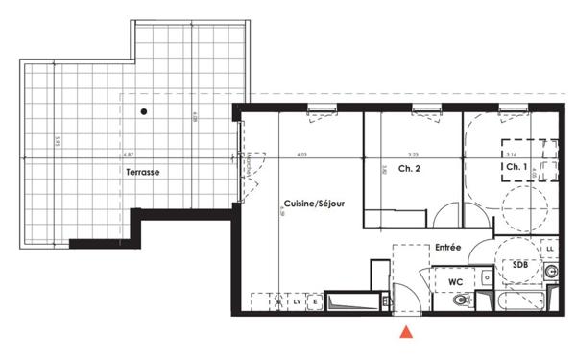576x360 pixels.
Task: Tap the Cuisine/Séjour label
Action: coord(314,204)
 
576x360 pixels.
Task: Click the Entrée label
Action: coord(447,247)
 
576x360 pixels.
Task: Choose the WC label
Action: coord(458,280)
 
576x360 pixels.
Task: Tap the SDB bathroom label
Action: coord(519,264)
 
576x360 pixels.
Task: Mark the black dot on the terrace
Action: coord(143,112)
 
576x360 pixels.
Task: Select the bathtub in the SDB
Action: coord(518,302)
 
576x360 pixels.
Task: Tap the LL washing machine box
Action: coord(550,250)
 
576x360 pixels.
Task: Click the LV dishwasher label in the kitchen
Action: coord(297,302)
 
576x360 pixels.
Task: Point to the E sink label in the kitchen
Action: coord(314,302)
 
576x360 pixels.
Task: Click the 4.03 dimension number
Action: coord(301,154)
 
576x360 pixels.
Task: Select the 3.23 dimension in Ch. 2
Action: coord(413,154)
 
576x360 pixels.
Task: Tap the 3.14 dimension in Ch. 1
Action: coord(511,154)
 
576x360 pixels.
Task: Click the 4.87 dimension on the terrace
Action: coord(127,154)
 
